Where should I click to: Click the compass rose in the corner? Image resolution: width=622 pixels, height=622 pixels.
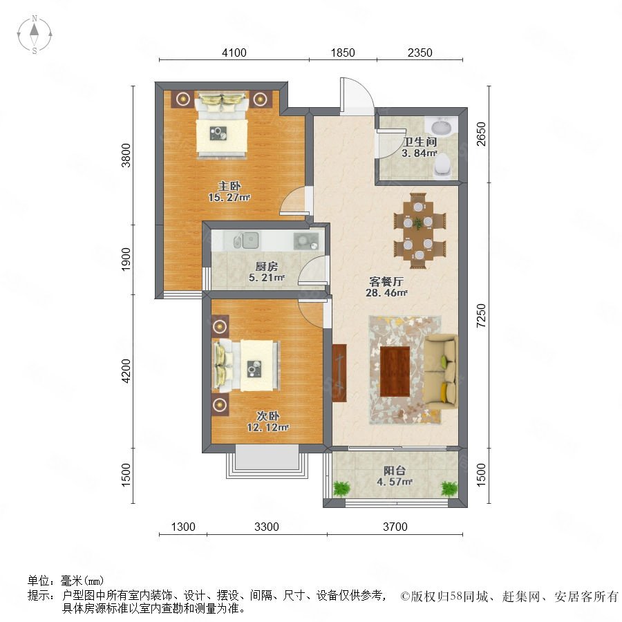35,34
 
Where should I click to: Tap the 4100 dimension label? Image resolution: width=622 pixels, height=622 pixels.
234,53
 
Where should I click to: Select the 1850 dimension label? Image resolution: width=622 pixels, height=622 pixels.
343,53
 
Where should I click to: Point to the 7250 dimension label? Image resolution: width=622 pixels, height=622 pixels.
481,315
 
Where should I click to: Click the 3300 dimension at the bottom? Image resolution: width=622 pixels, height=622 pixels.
267,527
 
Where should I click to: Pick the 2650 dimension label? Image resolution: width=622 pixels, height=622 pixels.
481,134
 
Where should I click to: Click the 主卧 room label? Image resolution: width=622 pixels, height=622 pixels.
229,186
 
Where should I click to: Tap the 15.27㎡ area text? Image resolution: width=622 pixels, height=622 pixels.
229,197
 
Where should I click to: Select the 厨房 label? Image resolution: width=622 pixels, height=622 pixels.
267,266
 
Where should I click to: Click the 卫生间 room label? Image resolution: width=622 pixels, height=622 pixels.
420,142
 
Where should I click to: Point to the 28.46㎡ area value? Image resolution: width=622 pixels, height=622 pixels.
386,293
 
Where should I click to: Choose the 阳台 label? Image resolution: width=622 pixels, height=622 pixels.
395,471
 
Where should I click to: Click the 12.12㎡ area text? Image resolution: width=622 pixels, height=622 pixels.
267,427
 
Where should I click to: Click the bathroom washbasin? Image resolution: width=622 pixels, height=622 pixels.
441,127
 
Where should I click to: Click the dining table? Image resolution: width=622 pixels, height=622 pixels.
418,232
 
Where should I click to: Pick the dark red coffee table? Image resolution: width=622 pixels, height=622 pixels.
395,371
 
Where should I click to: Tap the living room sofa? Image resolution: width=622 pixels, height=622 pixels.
441,372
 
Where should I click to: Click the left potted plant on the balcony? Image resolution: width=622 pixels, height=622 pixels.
341,489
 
